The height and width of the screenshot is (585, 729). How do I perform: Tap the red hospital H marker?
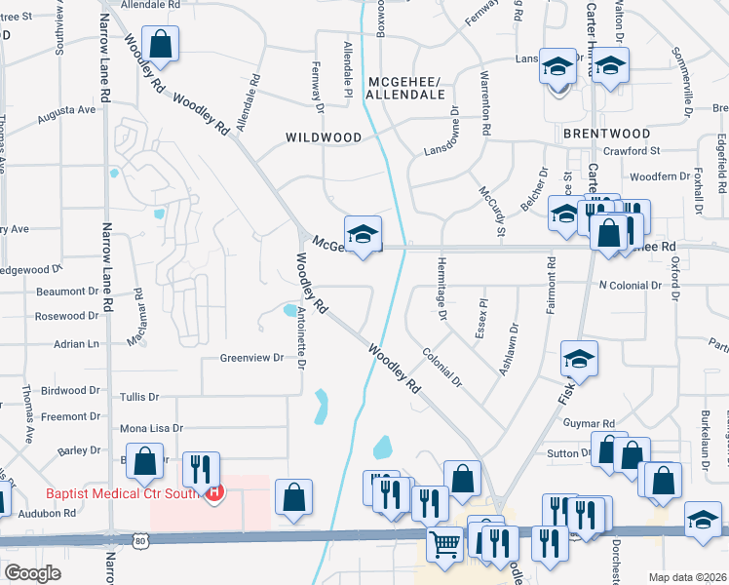point(214,493)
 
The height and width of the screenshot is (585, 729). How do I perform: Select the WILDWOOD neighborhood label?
point(324,137)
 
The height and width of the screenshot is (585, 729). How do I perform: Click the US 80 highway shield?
point(142,538)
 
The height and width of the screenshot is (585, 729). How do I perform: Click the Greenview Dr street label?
point(250,358)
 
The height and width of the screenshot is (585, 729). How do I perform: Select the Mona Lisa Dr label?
point(151,428)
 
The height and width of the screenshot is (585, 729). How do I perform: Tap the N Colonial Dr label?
point(630,286)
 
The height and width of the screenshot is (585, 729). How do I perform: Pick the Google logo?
point(33,573)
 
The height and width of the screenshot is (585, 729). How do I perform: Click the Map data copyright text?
point(687,577)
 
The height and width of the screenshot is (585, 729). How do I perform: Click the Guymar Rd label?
point(590,423)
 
